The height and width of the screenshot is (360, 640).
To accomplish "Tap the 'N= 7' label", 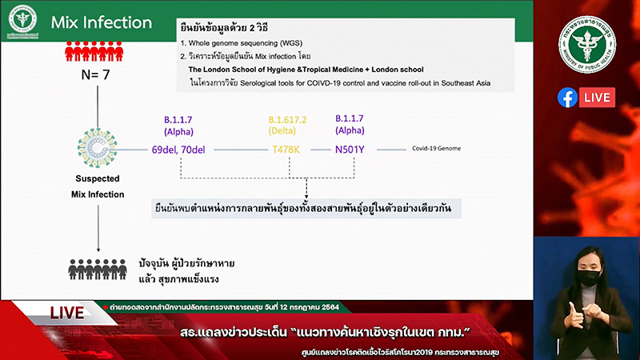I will (x=96, y=76).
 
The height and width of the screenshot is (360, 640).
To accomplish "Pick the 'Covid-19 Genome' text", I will (x=436, y=150).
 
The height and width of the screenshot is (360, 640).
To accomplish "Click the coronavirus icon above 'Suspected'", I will (x=96, y=147).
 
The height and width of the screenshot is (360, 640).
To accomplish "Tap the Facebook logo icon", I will (x=567, y=98).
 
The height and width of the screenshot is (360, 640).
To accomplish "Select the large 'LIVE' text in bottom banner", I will (x=67, y=314).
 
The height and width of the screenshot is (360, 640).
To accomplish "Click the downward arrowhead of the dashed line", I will (x=307, y=198).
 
